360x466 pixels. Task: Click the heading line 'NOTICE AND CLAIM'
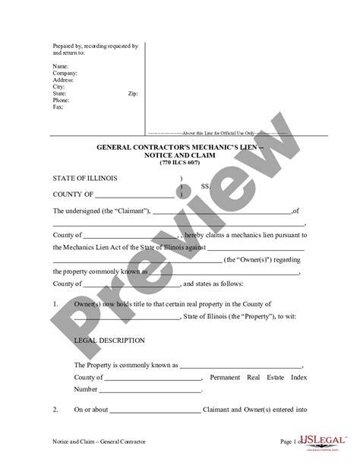click(180, 153)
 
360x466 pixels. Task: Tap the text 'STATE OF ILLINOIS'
click(85, 179)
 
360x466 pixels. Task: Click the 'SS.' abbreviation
click(204, 185)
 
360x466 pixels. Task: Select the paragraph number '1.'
click(56, 303)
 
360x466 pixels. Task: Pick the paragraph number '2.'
click(56, 411)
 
